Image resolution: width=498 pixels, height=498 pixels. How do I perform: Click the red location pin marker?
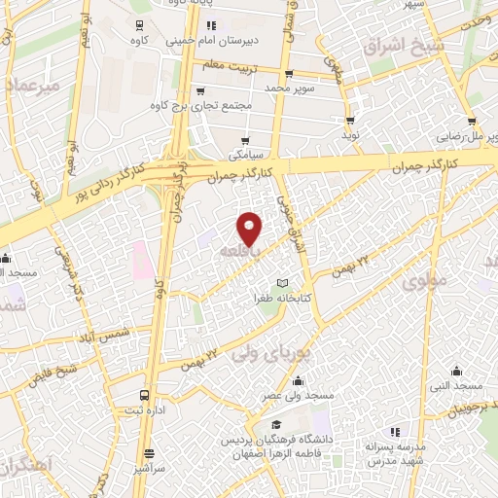(x=250, y=228)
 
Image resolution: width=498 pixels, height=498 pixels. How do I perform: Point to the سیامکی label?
(x=245, y=154)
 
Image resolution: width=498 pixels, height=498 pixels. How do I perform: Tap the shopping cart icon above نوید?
(x=350, y=121)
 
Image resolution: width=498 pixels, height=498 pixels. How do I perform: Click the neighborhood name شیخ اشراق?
(x=403, y=46)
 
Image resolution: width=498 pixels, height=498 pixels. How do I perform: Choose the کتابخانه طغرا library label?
(x=282, y=299)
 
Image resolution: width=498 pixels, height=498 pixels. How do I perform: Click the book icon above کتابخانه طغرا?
(x=283, y=282)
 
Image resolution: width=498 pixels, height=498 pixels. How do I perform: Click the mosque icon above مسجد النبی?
(x=458, y=370)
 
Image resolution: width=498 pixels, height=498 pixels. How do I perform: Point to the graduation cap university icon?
(x=276, y=425)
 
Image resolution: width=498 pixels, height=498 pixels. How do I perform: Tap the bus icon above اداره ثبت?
(x=145, y=395)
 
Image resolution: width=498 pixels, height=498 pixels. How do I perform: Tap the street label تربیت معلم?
(x=226, y=64)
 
